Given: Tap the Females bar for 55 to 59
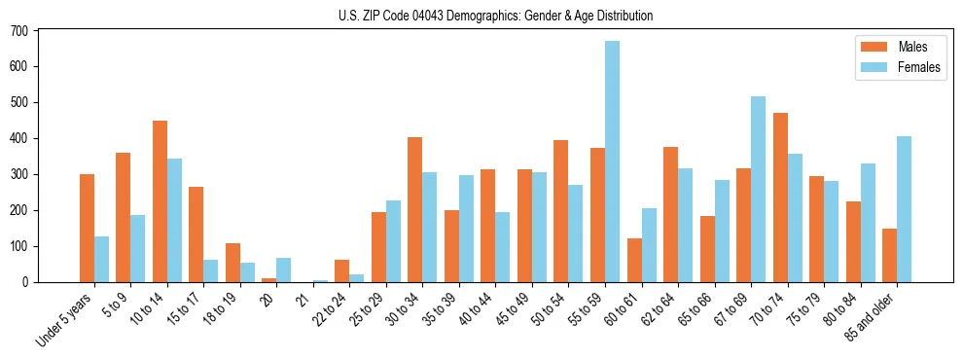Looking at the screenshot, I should coord(612,162).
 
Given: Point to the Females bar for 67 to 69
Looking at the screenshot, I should coord(758,189).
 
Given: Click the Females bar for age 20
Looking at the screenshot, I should coord(284,270).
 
